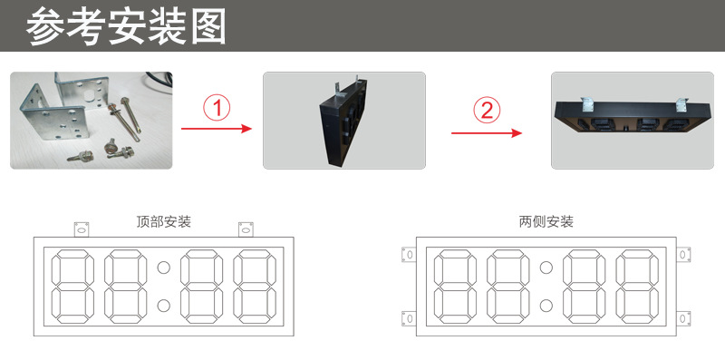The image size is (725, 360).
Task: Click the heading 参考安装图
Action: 126,26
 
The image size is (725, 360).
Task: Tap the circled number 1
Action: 217,109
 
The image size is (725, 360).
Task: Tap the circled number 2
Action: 487,111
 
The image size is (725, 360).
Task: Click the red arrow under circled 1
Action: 217,129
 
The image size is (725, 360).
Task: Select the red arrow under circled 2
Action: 487,133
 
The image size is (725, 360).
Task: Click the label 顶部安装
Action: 163,222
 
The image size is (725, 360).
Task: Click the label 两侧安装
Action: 546,222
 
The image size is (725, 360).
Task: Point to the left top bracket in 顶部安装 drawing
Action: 82,229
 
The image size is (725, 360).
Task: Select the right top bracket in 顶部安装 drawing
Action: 246,229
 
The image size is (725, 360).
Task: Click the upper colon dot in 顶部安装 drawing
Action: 163,267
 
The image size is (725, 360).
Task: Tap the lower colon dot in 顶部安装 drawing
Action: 163,305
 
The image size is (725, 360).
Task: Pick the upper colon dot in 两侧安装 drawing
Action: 546,267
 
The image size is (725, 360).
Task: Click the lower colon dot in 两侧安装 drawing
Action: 546,305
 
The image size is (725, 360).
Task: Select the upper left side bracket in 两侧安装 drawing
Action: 409,255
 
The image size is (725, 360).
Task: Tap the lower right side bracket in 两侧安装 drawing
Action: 683,318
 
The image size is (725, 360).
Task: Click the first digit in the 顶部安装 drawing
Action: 72,287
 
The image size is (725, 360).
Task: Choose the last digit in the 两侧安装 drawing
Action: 637,287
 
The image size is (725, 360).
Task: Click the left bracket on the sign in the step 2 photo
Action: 585,104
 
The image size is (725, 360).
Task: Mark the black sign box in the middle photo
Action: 344,122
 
